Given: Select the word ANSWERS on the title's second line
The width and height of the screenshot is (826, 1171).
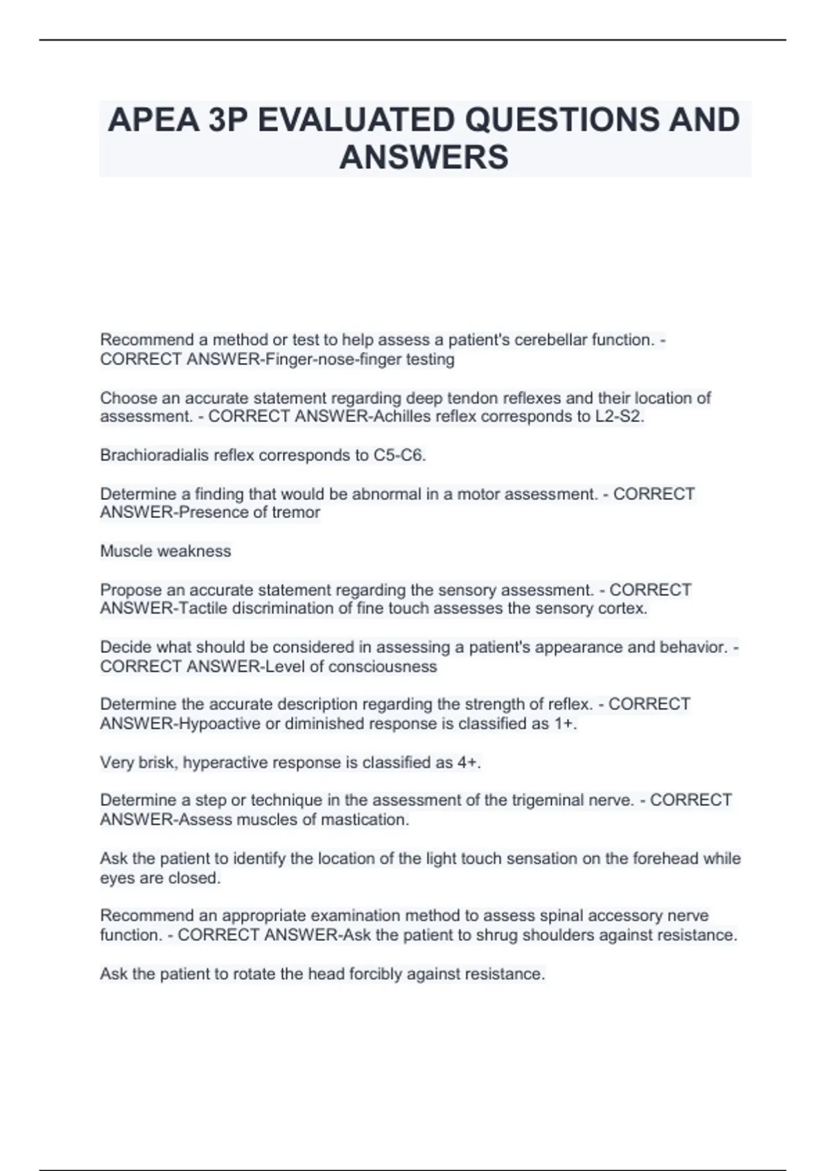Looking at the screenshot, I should [x=424, y=157].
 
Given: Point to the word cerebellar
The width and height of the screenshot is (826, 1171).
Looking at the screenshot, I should [x=552, y=340].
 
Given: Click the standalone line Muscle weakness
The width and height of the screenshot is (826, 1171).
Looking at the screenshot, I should [x=165, y=551].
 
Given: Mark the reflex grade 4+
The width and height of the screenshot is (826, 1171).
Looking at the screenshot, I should [x=468, y=763].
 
